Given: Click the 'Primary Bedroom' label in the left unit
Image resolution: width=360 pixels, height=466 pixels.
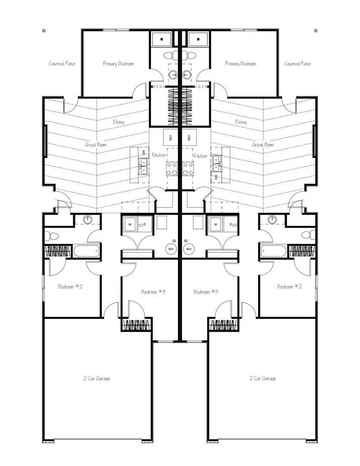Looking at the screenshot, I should pos(118,64).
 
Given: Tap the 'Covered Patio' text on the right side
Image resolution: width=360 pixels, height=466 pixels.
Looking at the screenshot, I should pos(297,64).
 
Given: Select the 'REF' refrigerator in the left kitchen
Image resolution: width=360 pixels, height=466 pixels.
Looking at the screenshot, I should pos(171,138).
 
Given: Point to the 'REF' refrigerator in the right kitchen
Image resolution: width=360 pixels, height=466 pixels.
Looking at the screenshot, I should pos(189,138).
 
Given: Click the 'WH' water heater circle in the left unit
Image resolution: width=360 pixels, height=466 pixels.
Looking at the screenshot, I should pos(171,249).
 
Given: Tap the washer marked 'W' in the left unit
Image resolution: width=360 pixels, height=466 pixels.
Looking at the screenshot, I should pos(129,225).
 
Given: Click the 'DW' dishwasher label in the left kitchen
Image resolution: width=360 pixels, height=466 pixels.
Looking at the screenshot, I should pos(144,152).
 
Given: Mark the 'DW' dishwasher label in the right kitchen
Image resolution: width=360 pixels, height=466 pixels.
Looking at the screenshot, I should pos(216,177).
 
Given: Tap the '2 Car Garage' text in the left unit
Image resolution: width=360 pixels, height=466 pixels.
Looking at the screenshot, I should pos(97,378).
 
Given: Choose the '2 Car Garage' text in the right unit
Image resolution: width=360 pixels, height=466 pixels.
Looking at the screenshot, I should pos(263,378).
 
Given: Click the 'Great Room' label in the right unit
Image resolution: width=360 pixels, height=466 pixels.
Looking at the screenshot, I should pos(263,145).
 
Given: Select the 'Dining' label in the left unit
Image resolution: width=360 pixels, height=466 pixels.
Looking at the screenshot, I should pos(119,122).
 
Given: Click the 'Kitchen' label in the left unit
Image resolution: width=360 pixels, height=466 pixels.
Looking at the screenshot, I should pos(159,155).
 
